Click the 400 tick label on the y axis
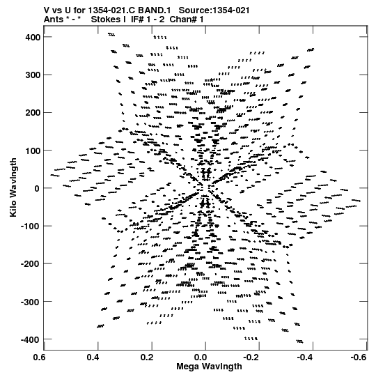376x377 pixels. pos(33,37)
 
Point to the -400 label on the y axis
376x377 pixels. pos(31,340)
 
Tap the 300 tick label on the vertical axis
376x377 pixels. pos(33,75)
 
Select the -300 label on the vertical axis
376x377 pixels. pos(31,302)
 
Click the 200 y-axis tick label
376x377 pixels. pos(33,113)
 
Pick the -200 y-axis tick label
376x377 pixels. pos(31,264)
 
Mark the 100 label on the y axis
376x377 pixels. pos(33,151)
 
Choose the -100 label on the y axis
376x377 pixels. pos(31,226)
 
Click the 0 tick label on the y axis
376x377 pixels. pos(37,188)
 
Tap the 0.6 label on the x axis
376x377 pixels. pos(39,357)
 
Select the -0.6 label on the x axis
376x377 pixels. pos(359,357)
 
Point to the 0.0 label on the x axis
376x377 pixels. pos(201,357)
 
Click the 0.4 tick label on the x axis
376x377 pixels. pos(93,357)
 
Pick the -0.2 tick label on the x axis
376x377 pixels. pos(251,357)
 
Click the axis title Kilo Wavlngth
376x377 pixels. pos(13,187)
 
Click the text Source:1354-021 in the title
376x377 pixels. pos(214,10)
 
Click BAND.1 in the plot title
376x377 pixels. pos(157,10)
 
